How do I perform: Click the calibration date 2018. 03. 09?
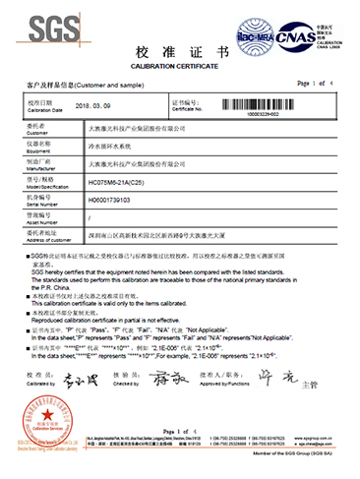click(x=100, y=104)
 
